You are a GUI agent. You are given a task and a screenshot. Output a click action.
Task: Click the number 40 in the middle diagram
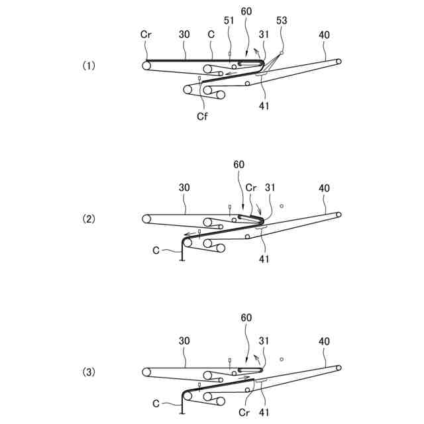coord(324,187)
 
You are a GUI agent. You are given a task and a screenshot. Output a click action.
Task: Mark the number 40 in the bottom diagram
coord(324,341)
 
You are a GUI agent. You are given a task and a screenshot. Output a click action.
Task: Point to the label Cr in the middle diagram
coord(252,187)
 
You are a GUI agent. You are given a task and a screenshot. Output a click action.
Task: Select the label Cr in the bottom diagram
coord(244,410)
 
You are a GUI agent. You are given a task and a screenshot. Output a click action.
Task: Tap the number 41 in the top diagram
coord(264,104)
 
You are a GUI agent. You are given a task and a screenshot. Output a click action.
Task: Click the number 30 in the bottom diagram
coord(184,341)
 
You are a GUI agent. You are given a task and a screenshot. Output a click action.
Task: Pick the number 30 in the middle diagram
coord(184,187)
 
